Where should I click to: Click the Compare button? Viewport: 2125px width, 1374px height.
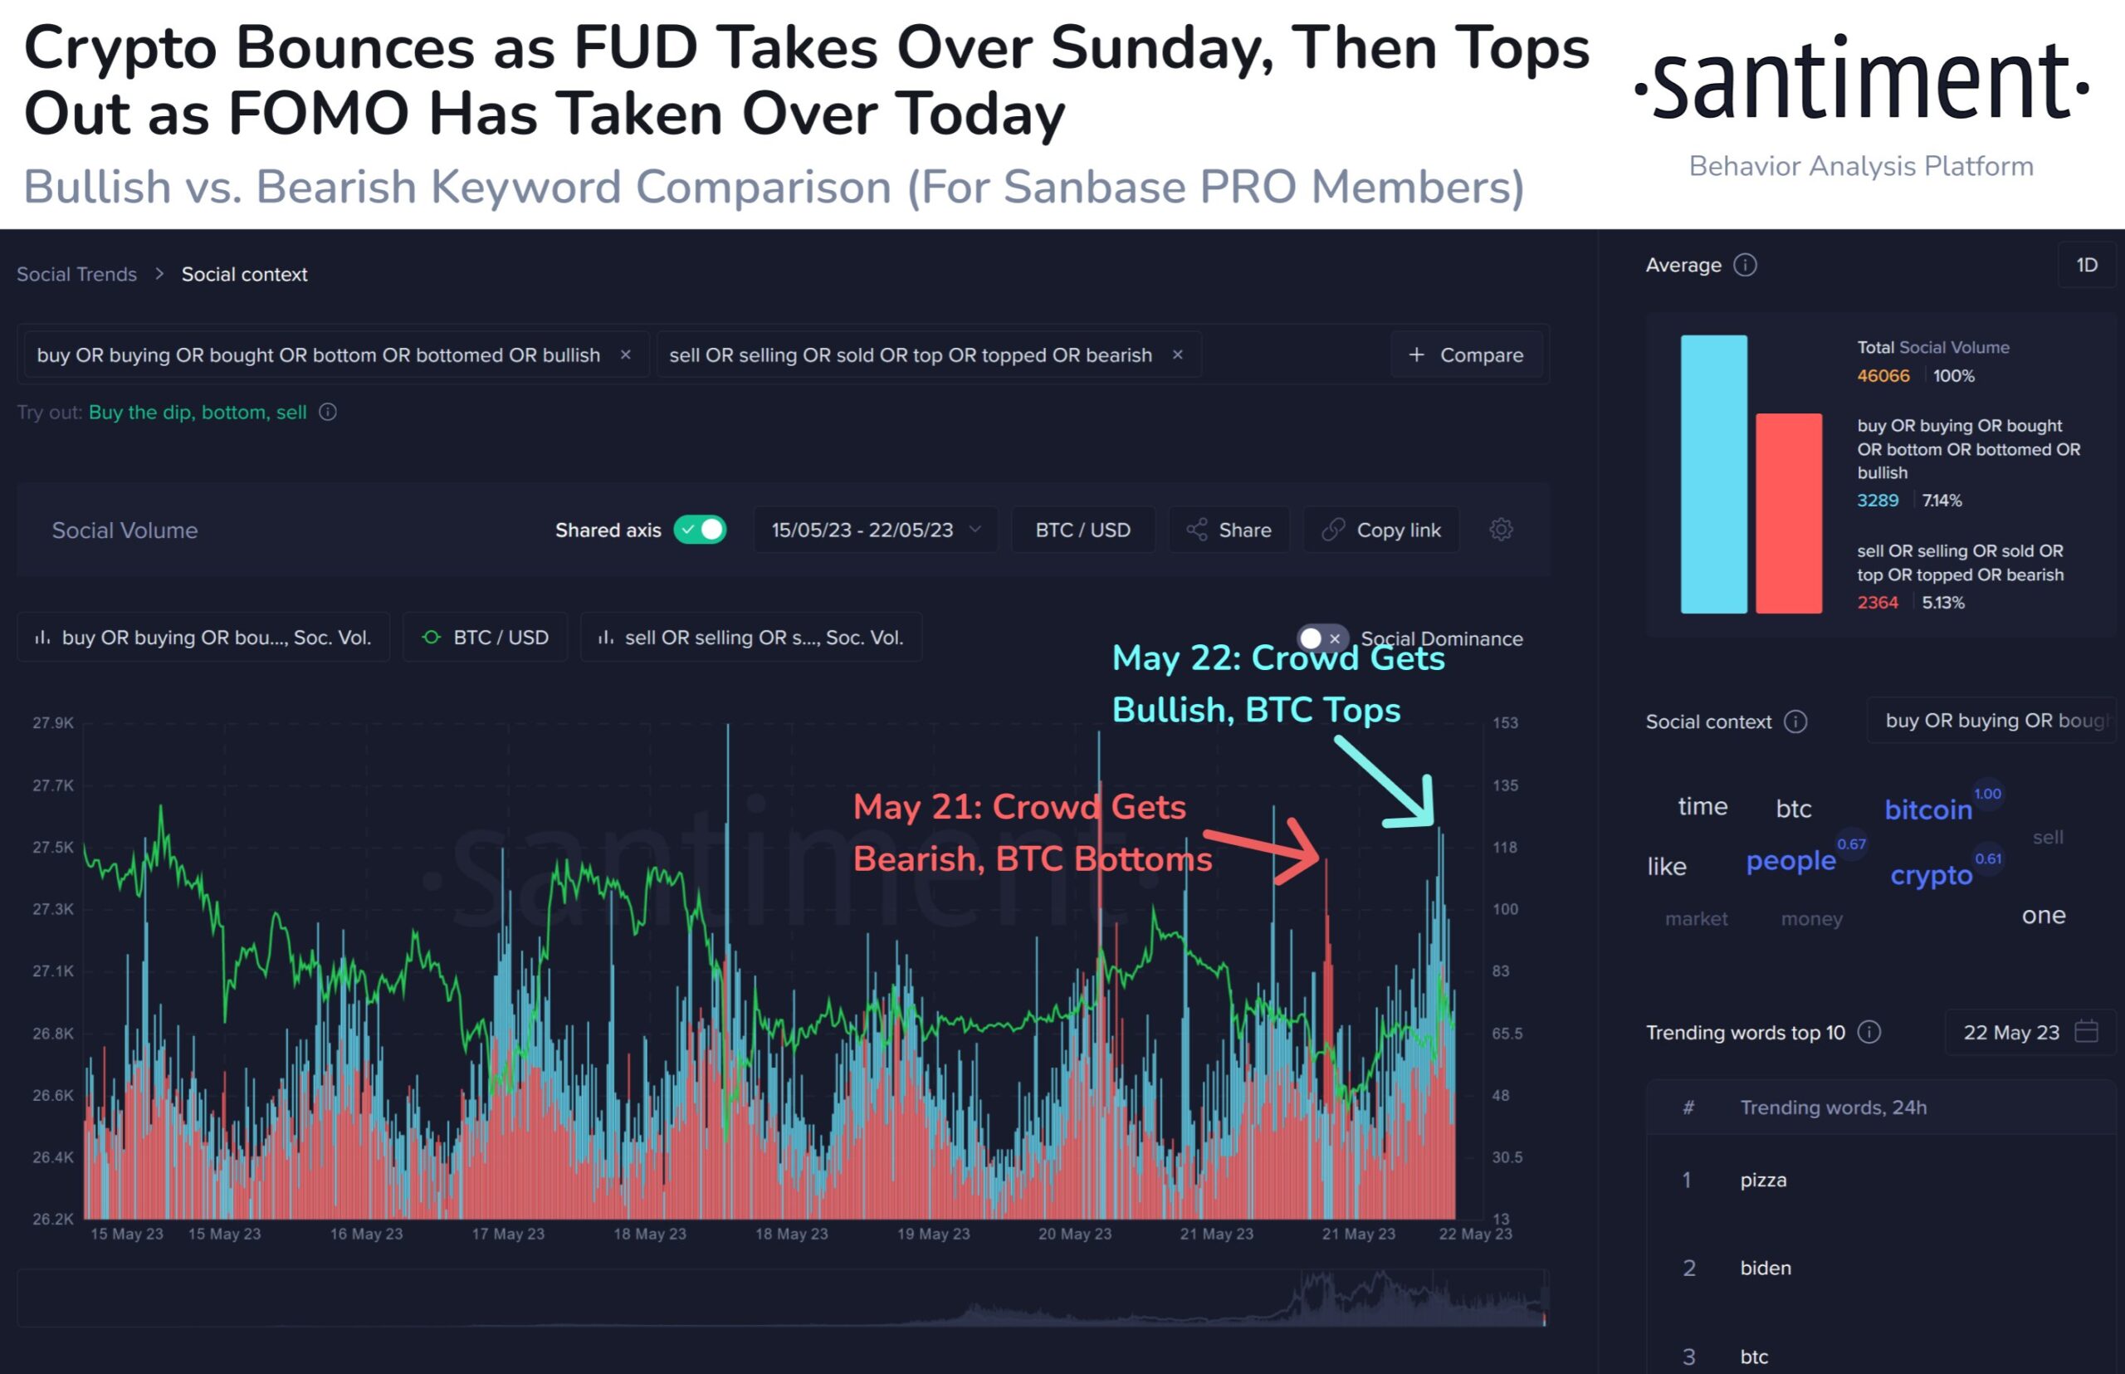tap(1467, 355)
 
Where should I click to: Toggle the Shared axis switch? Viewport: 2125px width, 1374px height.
tap(701, 530)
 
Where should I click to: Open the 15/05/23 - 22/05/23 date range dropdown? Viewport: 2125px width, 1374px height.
tap(875, 530)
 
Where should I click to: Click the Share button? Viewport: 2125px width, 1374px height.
tap(1229, 530)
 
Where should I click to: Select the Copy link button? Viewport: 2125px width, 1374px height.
tap(1381, 530)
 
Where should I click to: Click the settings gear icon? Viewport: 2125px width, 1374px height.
tap(1501, 530)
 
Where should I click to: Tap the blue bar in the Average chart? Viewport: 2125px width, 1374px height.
tap(1712, 474)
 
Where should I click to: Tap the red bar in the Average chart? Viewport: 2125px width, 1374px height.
tap(1788, 513)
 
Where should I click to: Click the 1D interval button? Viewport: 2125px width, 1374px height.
tap(2086, 265)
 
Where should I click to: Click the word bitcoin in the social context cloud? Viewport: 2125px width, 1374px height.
tap(1927, 810)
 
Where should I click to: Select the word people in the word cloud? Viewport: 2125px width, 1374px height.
tap(1790, 861)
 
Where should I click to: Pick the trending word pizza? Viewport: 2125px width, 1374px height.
tap(1763, 1181)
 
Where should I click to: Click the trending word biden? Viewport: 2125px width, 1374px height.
tap(1765, 1268)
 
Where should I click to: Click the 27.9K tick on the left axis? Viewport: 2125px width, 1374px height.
tap(52, 722)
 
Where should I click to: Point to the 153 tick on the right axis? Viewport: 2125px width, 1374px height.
tap(1505, 722)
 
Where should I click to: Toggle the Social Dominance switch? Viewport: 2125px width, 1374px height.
tap(1321, 638)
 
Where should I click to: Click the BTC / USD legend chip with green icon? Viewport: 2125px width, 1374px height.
tap(486, 638)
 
